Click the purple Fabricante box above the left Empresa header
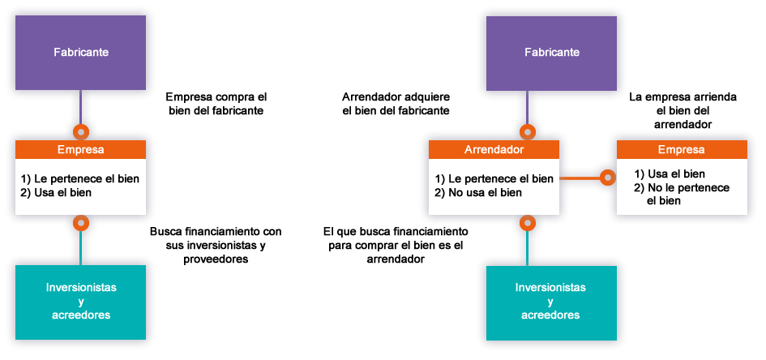click(x=80, y=53)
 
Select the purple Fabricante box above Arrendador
click(x=551, y=53)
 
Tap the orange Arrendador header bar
click(x=494, y=149)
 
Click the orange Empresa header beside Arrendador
click(x=682, y=149)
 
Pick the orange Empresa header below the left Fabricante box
click(x=80, y=149)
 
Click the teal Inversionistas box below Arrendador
click(x=551, y=302)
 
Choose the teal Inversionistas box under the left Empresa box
click(x=80, y=302)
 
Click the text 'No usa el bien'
click(x=485, y=192)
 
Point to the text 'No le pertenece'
click(x=688, y=187)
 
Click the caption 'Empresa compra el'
click(x=216, y=96)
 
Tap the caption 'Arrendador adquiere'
click(x=396, y=96)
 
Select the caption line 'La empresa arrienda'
click(x=683, y=96)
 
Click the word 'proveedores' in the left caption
click(x=216, y=259)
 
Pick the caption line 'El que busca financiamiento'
click(x=396, y=231)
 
